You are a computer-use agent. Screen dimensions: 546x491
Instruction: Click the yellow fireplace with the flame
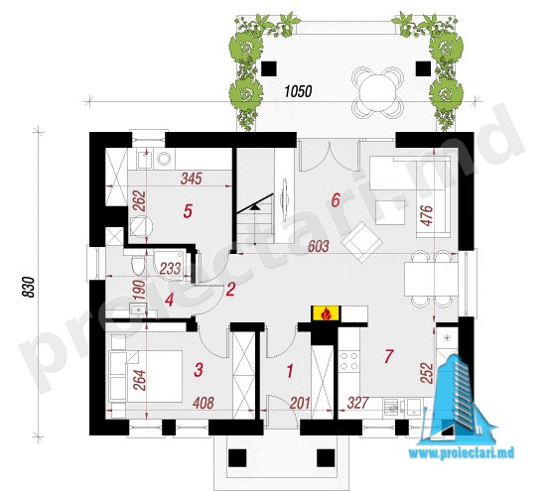(326, 313)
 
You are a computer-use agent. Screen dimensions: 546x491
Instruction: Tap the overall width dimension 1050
(298, 91)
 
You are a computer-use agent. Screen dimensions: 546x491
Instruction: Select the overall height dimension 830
(29, 287)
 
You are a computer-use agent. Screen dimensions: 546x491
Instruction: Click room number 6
(336, 200)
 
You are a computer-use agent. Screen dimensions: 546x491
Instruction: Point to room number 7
(388, 356)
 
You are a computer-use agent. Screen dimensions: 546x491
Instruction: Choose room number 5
(188, 211)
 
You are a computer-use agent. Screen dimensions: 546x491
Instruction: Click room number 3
(199, 370)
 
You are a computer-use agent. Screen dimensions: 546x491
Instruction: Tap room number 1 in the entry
(290, 371)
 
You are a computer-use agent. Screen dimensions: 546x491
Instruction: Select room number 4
(170, 300)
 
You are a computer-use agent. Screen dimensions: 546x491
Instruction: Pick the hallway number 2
(230, 290)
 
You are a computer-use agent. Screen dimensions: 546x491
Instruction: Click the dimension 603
(319, 246)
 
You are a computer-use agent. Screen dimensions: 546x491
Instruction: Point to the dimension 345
(192, 179)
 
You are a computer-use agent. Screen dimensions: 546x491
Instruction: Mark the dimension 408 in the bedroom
(204, 403)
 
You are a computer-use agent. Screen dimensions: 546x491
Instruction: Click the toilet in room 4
(138, 265)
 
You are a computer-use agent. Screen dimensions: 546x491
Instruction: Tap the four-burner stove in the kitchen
(348, 361)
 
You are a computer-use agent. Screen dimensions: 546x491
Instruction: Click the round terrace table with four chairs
(377, 92)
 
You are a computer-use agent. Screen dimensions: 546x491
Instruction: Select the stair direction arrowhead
(256, 207)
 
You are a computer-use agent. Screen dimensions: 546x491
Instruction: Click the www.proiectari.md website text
(462, 453)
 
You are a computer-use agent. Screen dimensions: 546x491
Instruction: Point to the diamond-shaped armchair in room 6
(362, 242)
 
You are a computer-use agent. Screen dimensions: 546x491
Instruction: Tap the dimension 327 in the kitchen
(357, 403)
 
